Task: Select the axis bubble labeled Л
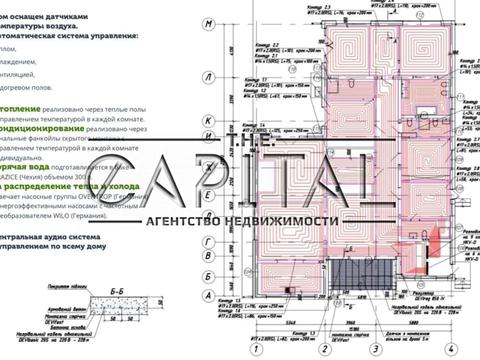[208, 76]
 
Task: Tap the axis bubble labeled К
[208, 121]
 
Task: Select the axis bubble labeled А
[208, 296]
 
